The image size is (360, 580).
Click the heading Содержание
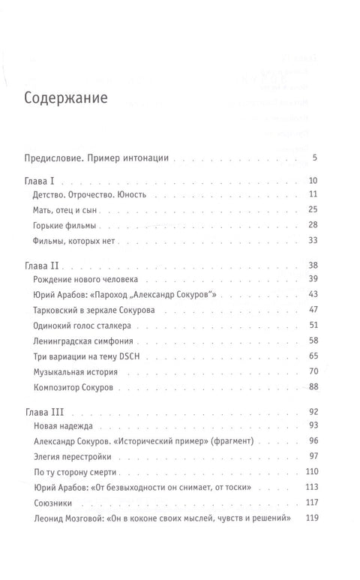pyautogui.click(x=65, y=98)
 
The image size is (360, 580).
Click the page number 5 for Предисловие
pyautogui.click(x=316, y=158)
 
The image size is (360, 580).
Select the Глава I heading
pyautogui.click(x=42, y=182)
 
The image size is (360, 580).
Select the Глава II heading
pyautogui.click(x=44, y=266)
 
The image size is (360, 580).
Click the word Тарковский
pyautogui.click(x=63, y=309)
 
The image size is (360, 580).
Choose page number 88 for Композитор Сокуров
pyautogui.click(x=315, y=387)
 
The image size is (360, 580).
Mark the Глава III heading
pyautogui.click(x=46, y=413)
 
